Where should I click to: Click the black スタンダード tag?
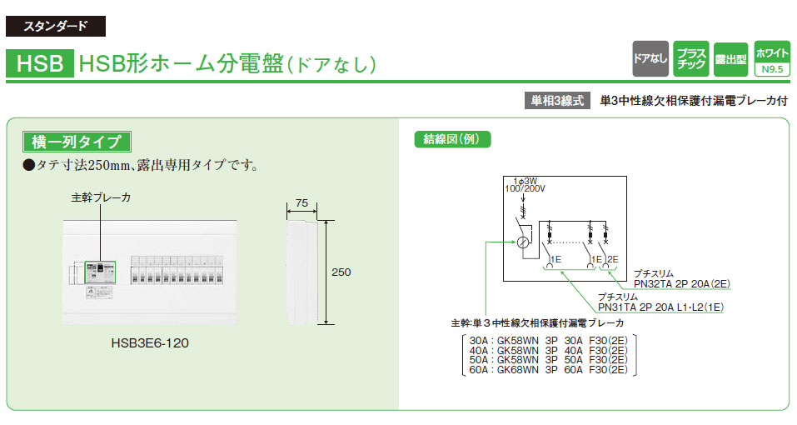pos(55,26)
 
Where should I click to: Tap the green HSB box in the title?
pos(38,63)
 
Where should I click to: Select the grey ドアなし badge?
pos(650,58)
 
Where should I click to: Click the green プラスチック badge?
pos(691,58)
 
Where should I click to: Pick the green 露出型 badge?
pos(731,59)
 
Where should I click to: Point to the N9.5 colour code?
pos(772,70)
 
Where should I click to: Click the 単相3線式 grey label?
pos(559,100)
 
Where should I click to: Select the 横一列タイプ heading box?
pos(77,141)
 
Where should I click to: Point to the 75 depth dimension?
pos(301,203)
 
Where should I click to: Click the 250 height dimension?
pos(341,272)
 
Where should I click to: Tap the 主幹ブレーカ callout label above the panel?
pos(101,198)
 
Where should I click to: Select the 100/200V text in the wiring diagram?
pos(523,189)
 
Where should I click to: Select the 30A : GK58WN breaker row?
pos(549,340)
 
